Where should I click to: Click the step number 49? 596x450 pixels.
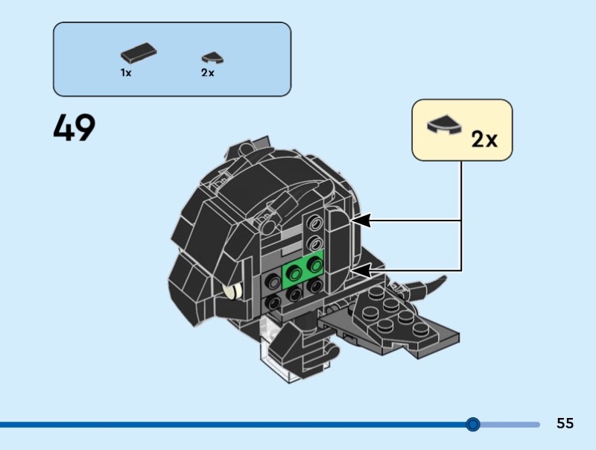click(74, 129)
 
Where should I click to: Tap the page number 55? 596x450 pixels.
click(565, 423)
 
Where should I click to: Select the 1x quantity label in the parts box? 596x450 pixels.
click(126, 73)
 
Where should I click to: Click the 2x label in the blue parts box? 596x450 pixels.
click(207, 73)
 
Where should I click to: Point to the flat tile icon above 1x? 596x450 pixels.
click(137, 54)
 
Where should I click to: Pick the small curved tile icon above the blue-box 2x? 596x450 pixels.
click(212, 57)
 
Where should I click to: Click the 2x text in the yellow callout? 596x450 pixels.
click(484, 139)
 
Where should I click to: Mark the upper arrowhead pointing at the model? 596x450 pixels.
click(358, 221)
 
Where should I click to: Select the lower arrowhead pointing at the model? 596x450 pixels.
click(358, 270)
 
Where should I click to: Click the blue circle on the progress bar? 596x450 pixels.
click(472, 425)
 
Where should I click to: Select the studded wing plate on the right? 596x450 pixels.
click(387, 317)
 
